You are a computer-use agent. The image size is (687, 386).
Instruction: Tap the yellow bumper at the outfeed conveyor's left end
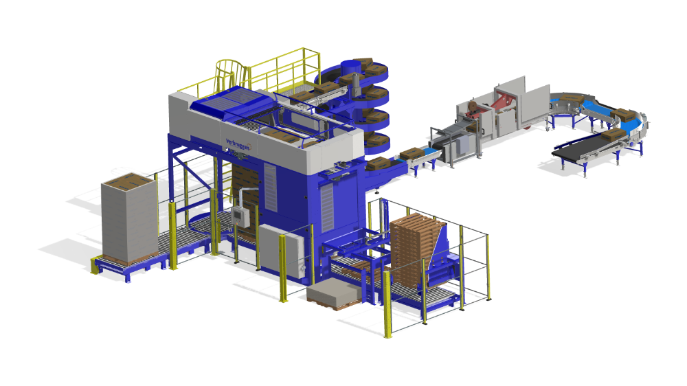coord(93,264)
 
